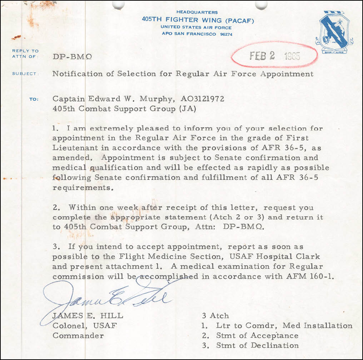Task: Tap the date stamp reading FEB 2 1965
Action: pyautogui.click(x=274, y=56)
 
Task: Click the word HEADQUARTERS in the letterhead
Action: pyautogui.click(x=197, y=12)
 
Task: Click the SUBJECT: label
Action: pyautogui.click(x=25, y=74)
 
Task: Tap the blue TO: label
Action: pyautogui.click(x=34, y=99)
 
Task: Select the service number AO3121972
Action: pyautogui.click(x=203, y=99)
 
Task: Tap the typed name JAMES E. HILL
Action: pyautogui.click(x=88, y=316)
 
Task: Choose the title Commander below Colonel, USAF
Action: pyautogui.click(x=78, y=336)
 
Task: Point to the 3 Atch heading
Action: pyautogui.click(x=215, y=316)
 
